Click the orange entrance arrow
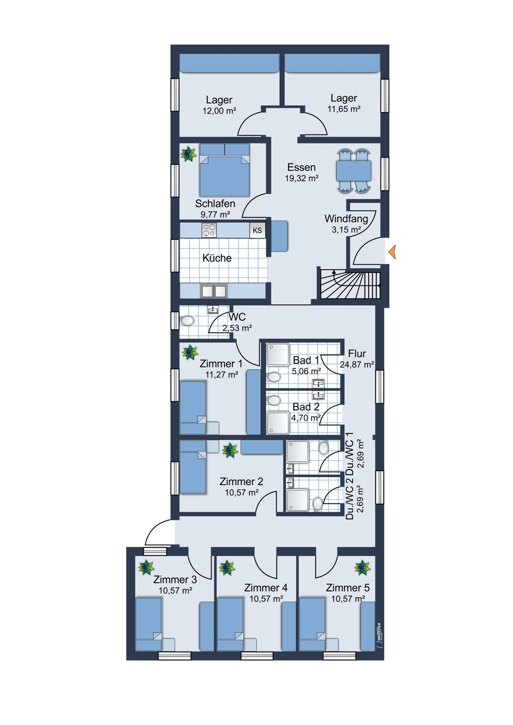click(392, 252)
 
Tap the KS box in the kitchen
click(257, 230)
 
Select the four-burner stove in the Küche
click(209, 230)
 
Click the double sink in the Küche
click(214, 291)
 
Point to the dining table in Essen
click(354, 171)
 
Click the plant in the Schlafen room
click(188, 154)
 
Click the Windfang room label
click(346, 219)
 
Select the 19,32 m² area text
click(302, 179)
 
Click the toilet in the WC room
click(187, 321)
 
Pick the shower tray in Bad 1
click(278, 354)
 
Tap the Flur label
click(357, 354)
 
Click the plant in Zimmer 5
click(363, 568)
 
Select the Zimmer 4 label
click(266, 588)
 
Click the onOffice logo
click(379, 636)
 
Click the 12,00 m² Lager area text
click(219, 111)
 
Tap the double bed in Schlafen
click(225, 170)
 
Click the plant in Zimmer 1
click(190, 353)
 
